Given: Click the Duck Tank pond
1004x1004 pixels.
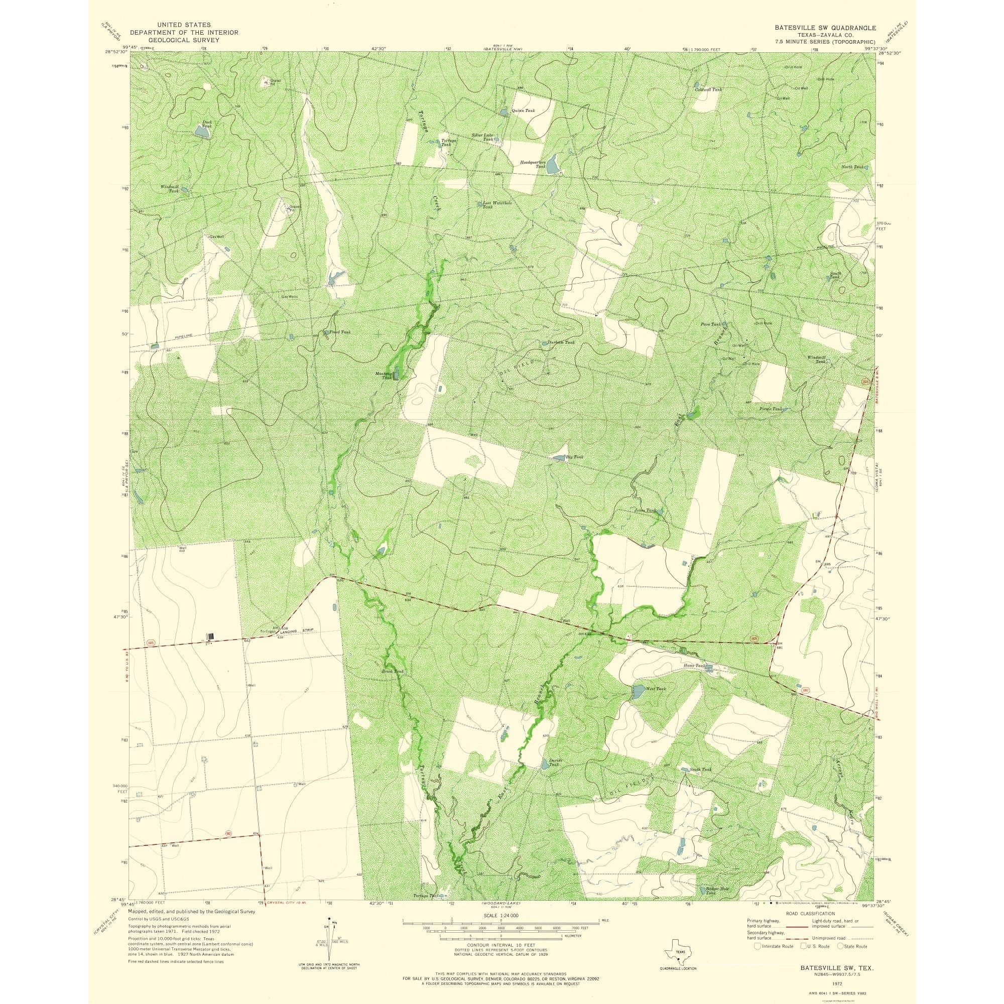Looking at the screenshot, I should [x=202, y=133].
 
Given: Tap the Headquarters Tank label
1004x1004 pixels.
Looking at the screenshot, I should [x=533, y=164].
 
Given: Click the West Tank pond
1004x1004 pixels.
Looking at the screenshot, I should [x=637, y=692].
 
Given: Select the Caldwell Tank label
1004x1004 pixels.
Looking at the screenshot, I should [x=709, y=89].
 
